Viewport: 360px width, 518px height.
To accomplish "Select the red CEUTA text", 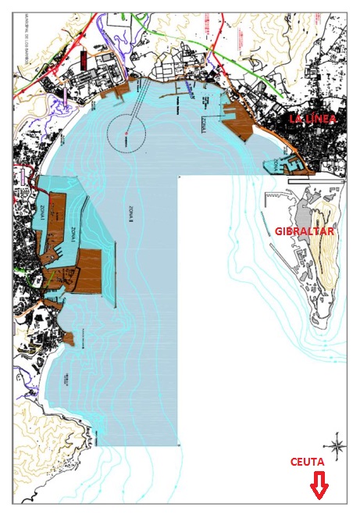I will point(308,463).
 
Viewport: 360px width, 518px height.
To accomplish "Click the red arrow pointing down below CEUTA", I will point(319,488).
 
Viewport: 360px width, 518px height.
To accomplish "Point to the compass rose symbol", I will point(337,448).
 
